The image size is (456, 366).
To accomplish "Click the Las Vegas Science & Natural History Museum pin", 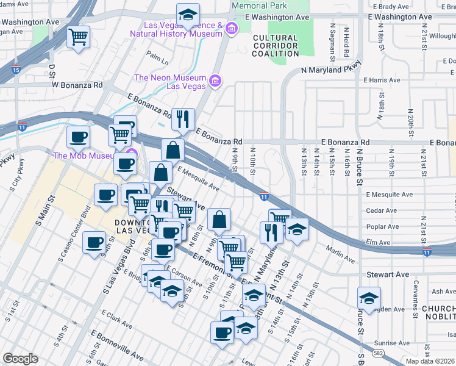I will coord(231,29).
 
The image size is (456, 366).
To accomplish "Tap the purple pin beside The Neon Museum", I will coord(215,81).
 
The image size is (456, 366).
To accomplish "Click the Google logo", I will coord(20,358).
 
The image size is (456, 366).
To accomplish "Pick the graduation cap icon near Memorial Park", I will coord(188,14).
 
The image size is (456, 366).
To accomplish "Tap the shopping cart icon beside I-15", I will coord(78,37).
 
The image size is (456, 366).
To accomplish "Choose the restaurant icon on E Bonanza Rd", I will coord(183,119).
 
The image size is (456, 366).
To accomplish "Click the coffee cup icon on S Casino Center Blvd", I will coord(94,243).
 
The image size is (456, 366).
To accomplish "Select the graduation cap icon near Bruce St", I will coord(369,298).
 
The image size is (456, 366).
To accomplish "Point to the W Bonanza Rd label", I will coord(77,84).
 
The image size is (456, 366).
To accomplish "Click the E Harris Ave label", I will coord(381,80).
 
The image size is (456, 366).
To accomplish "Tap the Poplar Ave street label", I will coord(382,226).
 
